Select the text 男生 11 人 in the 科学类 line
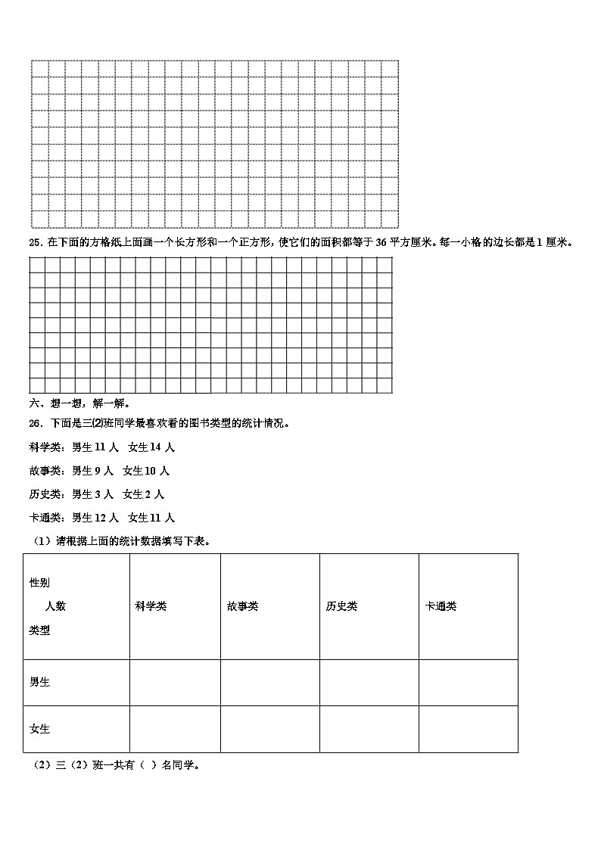(x=90, y=447)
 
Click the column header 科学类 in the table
(x=151, y=606)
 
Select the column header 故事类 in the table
(x=242, y=606)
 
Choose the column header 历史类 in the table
(x=341, y=606)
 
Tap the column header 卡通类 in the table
(x=441, y=606)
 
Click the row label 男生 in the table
(x=40, y=682)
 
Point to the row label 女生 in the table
(x=40, y=729)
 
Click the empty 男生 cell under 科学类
(x=175, y=682)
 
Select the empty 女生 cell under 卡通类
(x=468, y=729)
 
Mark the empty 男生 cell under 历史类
(x=369, y=682)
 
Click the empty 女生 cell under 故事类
(x=269, y=729)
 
